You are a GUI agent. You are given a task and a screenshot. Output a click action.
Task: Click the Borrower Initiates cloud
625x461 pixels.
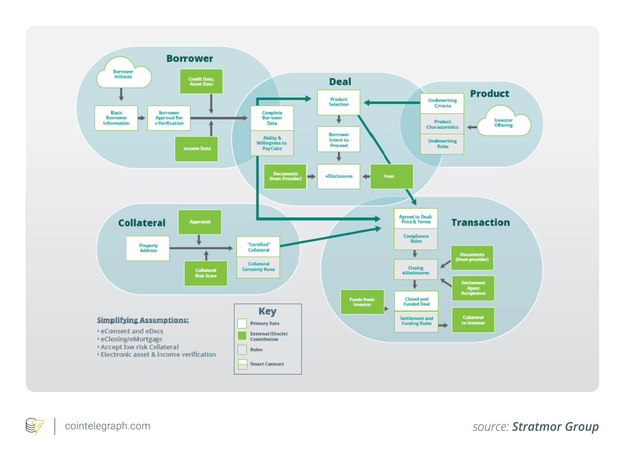[x=123, y=74]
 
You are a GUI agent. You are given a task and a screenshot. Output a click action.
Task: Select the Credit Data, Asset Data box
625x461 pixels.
[x=201, y=82]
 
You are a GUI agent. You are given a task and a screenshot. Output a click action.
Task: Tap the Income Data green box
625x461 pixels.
[x=197, y=149]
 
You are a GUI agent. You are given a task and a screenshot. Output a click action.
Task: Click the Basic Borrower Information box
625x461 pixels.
[x=116, y=118]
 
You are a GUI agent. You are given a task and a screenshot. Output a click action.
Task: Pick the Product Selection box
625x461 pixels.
[x=338, y=102]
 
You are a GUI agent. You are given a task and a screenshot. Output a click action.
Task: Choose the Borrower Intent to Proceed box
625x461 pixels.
[x=338, y=139]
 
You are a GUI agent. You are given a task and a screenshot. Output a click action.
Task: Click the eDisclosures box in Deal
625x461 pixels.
[x=338, y=177]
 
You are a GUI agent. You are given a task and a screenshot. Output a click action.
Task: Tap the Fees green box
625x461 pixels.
[x=391, y=177]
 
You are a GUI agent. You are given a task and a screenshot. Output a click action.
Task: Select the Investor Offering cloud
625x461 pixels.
[x=503, y=123]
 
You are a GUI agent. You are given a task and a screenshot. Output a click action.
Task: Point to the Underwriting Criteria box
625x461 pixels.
[x=442, y=103]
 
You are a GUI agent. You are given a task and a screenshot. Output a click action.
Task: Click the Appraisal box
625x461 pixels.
[x=200, y=222]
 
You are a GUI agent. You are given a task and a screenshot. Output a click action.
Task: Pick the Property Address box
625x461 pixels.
[x=148, y=248]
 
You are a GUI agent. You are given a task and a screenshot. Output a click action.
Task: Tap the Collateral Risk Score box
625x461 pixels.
[x=206, y=273]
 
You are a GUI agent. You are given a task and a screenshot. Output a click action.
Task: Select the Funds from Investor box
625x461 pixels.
[x=362, y=302]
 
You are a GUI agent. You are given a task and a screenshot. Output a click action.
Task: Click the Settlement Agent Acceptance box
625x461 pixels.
[x=473, y=288]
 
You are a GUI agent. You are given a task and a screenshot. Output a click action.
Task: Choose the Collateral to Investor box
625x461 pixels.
[x=473, y=320]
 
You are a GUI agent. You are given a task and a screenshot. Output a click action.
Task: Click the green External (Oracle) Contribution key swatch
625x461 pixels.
[x=242, y=336]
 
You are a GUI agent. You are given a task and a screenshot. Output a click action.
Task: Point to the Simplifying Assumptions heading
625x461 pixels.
[x=143, y=320]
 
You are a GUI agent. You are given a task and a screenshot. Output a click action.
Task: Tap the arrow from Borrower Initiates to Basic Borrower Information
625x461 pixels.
[x=121, y=95]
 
